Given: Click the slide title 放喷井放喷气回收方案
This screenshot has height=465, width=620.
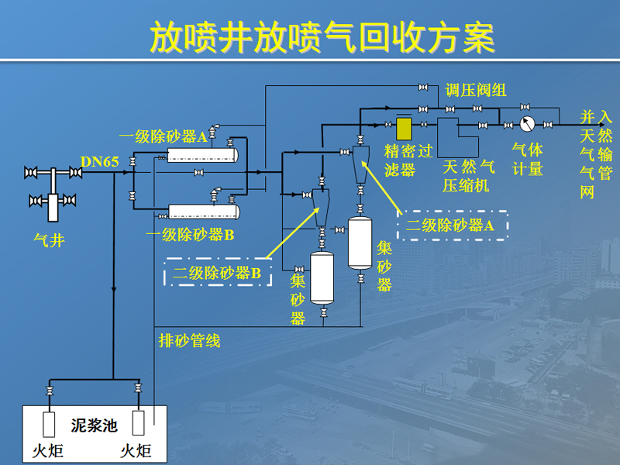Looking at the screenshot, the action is [322, 37].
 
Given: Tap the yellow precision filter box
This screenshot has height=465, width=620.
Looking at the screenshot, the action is [404, 129].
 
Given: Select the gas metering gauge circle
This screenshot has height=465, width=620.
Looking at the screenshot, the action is [527, 124].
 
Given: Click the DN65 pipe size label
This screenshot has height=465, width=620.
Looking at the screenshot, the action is [100, 162].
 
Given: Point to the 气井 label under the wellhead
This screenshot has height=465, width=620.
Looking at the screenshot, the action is [49, 240].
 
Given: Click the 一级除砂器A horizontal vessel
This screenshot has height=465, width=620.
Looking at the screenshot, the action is [202, 155].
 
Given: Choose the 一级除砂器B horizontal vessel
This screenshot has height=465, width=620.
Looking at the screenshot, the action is [204, 212].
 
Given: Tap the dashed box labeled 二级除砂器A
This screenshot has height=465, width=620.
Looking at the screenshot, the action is [453, 226].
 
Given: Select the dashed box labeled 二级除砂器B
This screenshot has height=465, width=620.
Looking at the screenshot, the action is [218, 272].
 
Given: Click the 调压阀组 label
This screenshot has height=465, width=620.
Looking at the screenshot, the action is [476, 90].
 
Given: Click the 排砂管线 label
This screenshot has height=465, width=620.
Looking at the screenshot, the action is [189, 340].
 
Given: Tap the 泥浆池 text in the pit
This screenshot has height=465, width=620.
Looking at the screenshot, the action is [94, 425].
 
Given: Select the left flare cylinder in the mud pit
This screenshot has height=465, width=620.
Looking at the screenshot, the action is [49, 424].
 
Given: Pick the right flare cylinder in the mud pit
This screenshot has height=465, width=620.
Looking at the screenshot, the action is [138, 422].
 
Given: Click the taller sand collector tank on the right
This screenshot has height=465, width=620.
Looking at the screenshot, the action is [360, 243].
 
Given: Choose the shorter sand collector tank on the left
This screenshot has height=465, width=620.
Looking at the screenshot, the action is [322, 278].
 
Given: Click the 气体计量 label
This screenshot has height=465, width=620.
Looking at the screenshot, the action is [528, 160].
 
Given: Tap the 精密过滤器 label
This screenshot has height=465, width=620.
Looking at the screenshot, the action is [408, 160].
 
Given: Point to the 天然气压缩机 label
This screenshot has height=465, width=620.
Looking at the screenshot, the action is [469, 176].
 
